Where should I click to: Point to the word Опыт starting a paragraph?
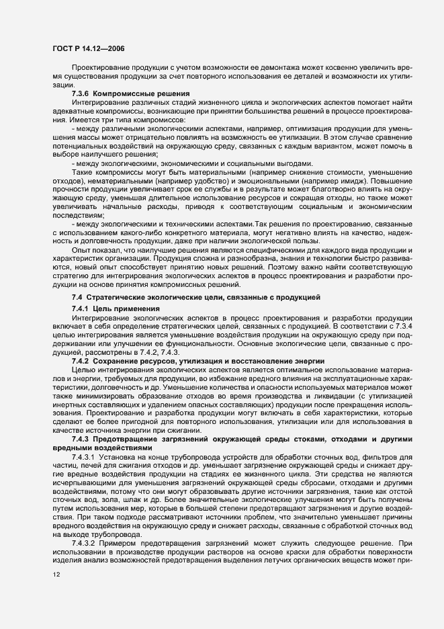[x=82, y=247]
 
